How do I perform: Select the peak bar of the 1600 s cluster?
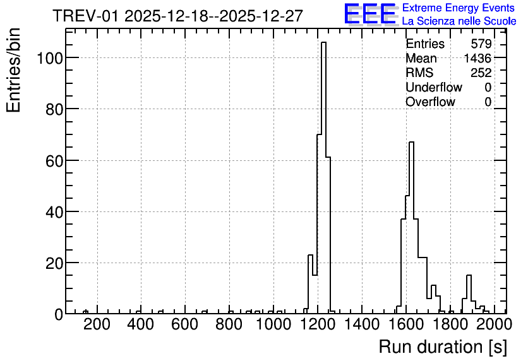tap(412, 227)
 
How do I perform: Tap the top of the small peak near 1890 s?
tap(469, 275)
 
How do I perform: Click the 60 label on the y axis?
tap(54, 161)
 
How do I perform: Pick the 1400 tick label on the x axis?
tap(362, 324)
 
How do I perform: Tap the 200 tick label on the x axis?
tap(97, 324)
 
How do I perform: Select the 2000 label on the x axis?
tap(495, 324)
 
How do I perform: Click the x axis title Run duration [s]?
tap(443, 347)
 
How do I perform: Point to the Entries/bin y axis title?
tap(13, 71)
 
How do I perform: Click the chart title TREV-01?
tap(85, 16)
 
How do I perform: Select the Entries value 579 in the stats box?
tap(481, 44)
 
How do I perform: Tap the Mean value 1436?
tap(477, 58)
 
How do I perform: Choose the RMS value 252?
tap(481, 73)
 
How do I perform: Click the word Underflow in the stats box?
tap(434, 87)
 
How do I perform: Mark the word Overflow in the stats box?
tap(430, 102)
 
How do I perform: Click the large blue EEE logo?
tap(370, 14)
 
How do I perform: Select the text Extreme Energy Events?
tap(459, 8)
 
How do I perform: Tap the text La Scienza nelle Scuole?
tap(459, 21)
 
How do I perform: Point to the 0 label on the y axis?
tap(59, 314)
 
